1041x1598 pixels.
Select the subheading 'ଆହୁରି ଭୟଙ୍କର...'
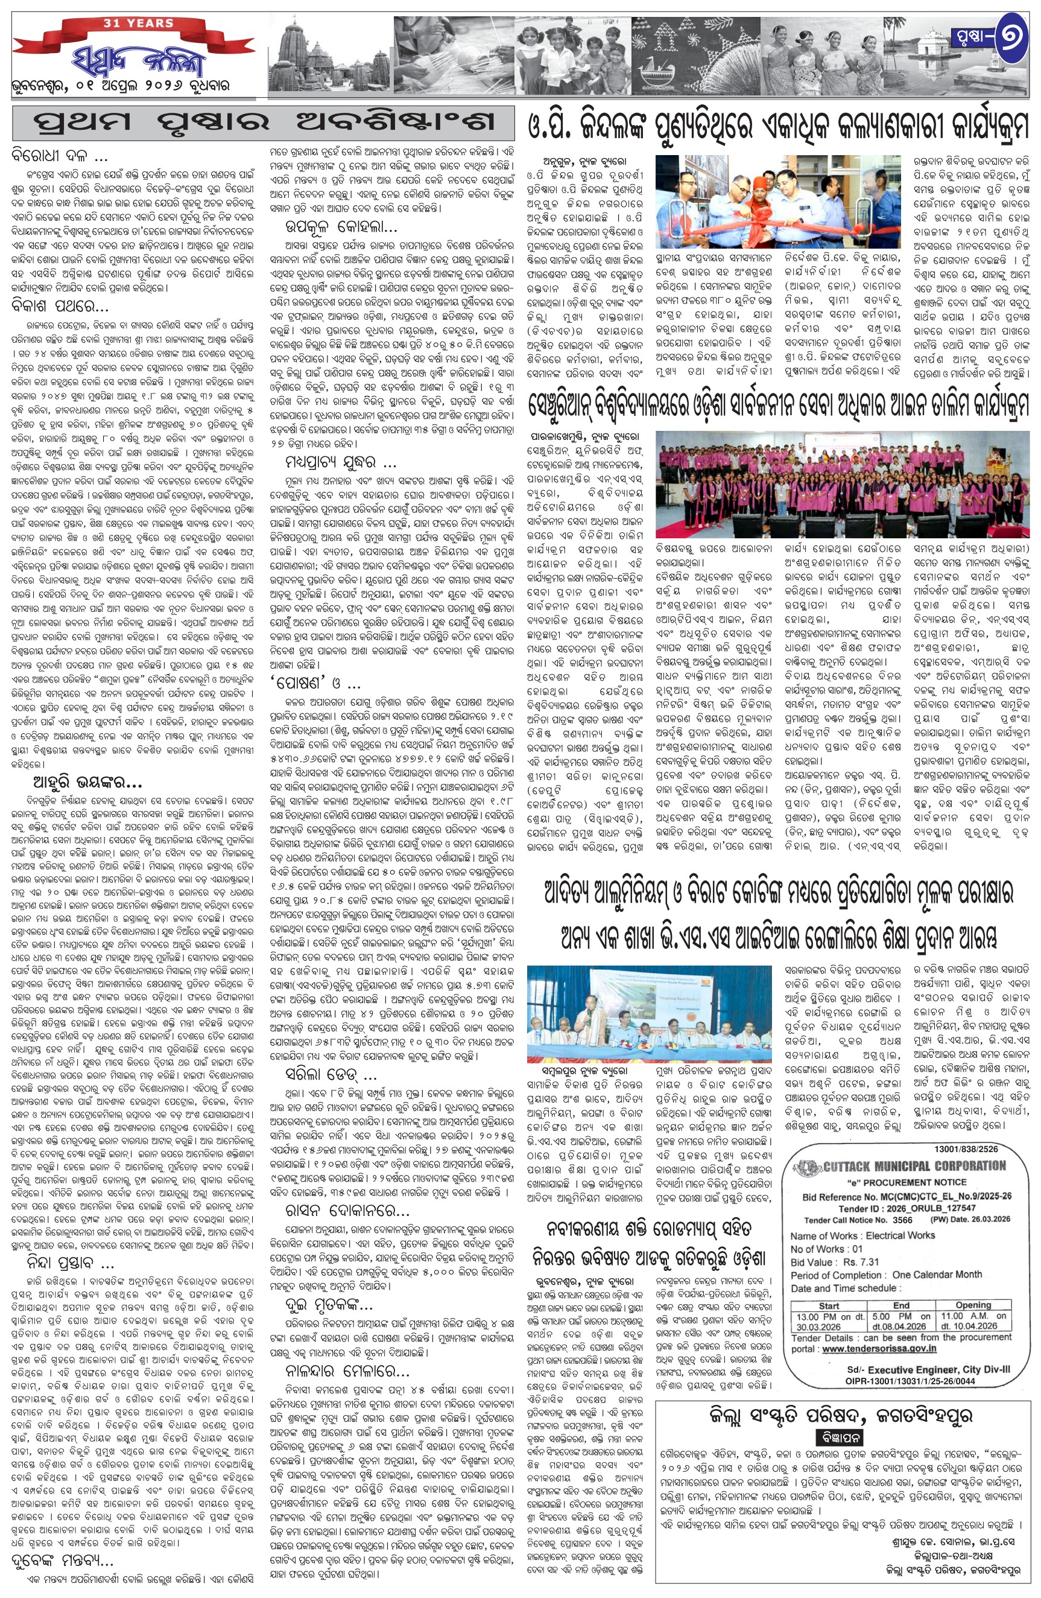point(87,783)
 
